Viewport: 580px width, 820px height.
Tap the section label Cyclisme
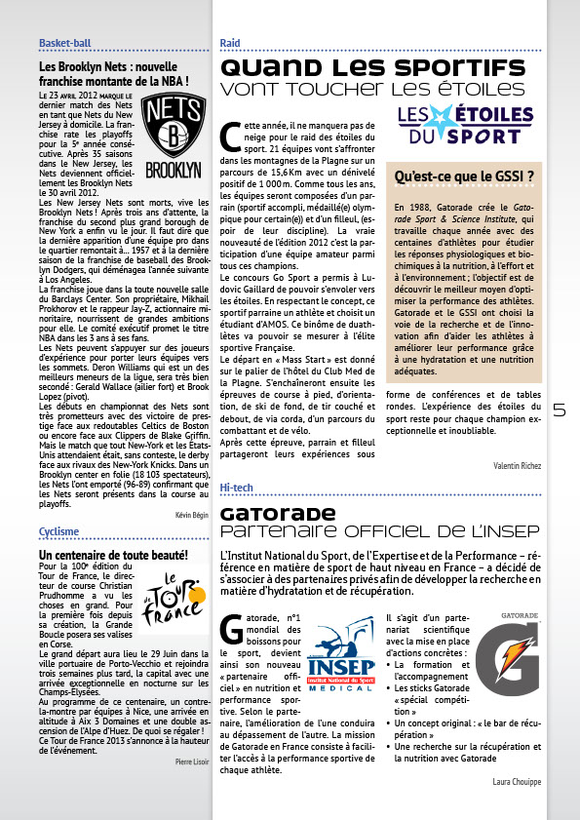point(58,531)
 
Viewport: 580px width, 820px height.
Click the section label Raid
point(230,44)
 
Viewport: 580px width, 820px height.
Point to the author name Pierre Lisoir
point(191,787)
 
